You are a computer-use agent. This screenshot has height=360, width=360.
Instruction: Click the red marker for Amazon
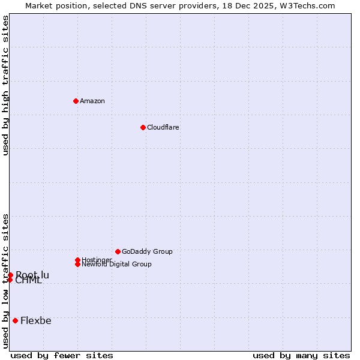click(76, 101)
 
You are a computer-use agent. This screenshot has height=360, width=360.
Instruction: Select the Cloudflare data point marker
click(143, 127)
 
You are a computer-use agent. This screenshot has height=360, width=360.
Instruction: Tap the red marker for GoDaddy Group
click(118, 251)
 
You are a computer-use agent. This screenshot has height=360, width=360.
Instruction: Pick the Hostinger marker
click(77, 260)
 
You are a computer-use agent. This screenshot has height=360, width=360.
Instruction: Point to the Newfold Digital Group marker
click(77, 264)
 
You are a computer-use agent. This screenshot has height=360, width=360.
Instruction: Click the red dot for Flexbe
click(15, 320)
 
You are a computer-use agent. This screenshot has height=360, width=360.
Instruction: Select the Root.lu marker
click(10, 275)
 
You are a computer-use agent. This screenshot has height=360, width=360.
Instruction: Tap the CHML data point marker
click(10, 280)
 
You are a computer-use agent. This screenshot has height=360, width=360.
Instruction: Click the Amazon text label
click(92, 101)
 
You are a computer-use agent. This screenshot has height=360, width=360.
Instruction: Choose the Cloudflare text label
click(163, 127)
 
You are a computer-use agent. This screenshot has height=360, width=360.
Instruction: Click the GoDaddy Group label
click(147, 251)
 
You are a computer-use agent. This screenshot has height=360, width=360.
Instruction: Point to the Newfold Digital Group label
click(117, 265)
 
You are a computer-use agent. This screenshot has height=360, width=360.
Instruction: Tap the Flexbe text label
click(36, 320)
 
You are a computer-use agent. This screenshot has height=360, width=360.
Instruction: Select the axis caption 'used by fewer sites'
click(62, 356)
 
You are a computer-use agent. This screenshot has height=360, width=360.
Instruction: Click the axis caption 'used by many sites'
click(301, 356)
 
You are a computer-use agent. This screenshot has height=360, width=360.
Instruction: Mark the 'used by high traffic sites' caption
click(6, 85)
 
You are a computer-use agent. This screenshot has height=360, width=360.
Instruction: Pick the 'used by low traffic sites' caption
click(6, 281)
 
